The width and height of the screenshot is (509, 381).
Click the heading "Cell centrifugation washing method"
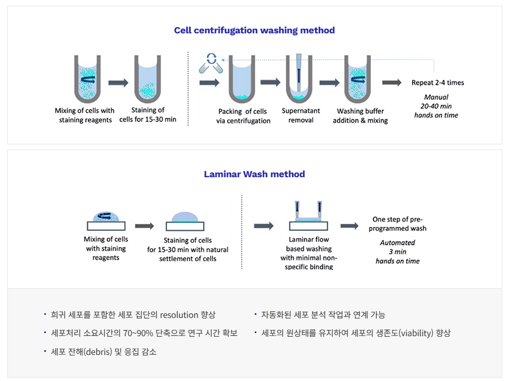(254, 30)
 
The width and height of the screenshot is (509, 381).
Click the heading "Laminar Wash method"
(254, 174)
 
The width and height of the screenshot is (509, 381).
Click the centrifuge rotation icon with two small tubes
(211, 63)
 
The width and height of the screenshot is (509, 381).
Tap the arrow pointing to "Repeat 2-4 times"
(392, 82)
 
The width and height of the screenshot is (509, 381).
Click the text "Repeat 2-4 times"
(438, 82)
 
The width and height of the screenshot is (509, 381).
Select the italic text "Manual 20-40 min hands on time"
(436, 106)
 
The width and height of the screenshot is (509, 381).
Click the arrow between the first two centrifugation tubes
(118, 82)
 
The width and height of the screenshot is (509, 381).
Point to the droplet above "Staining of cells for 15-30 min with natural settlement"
(185, 217)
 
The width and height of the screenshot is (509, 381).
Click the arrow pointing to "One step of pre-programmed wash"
(349, 226)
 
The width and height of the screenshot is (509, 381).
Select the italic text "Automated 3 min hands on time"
(398, 252)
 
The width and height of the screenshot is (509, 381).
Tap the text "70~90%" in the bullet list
(139, 333)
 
